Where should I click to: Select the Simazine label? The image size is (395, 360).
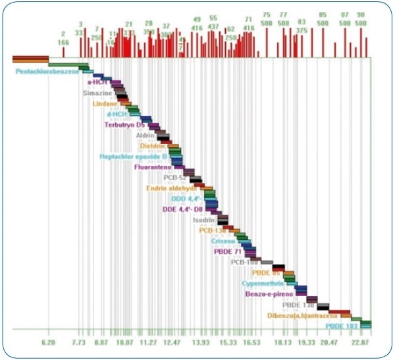coord(97,93)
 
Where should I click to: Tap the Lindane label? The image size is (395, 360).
coord(105,104)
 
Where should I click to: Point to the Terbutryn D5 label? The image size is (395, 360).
coord(126,124)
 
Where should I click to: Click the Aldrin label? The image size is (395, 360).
coord(145,136)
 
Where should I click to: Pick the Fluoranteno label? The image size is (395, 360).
coord(153,167)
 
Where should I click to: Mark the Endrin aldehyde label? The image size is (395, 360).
coord(172,188)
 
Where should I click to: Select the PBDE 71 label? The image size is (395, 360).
coord(228,251)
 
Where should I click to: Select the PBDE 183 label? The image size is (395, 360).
coord(342,326)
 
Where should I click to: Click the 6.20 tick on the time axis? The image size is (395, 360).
coord(48,343)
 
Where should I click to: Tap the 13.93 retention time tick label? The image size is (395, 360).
coord(201,343)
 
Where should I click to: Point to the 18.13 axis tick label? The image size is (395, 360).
coord(282,343)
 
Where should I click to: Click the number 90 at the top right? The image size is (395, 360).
coord(361,14)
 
